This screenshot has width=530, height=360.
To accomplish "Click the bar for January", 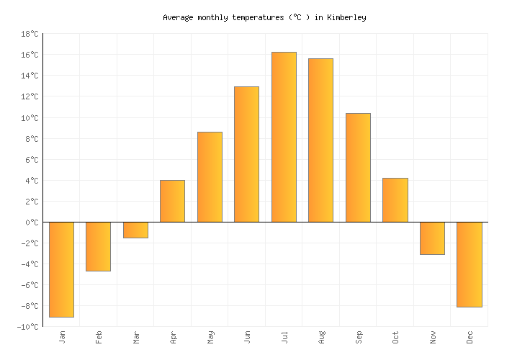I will point(61,269).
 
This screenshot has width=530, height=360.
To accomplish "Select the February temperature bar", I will point(98,246).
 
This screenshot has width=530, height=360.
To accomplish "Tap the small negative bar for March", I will point(135,230).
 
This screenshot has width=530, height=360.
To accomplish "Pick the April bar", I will point(172,201).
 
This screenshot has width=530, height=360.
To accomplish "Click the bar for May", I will point(210,177).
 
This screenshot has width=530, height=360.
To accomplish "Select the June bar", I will point(246,154).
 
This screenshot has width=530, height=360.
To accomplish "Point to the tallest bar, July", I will point(284,137).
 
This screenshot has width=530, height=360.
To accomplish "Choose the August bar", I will point(320,140).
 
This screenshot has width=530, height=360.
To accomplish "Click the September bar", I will point(358,168).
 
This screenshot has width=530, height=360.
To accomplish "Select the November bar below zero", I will point(432,238).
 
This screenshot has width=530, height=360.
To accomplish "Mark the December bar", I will point(469,264).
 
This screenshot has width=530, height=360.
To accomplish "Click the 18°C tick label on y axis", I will point(30,34).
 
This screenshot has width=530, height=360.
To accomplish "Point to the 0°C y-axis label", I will point(32,222).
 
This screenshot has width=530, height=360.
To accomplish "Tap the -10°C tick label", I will point(28,327).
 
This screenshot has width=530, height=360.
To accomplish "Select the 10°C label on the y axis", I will point(30,118).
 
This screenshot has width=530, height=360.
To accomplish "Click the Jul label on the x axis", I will point(284,336).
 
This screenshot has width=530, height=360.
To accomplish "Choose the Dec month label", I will point(470,336).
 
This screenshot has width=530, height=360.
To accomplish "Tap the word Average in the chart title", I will point(178,17).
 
